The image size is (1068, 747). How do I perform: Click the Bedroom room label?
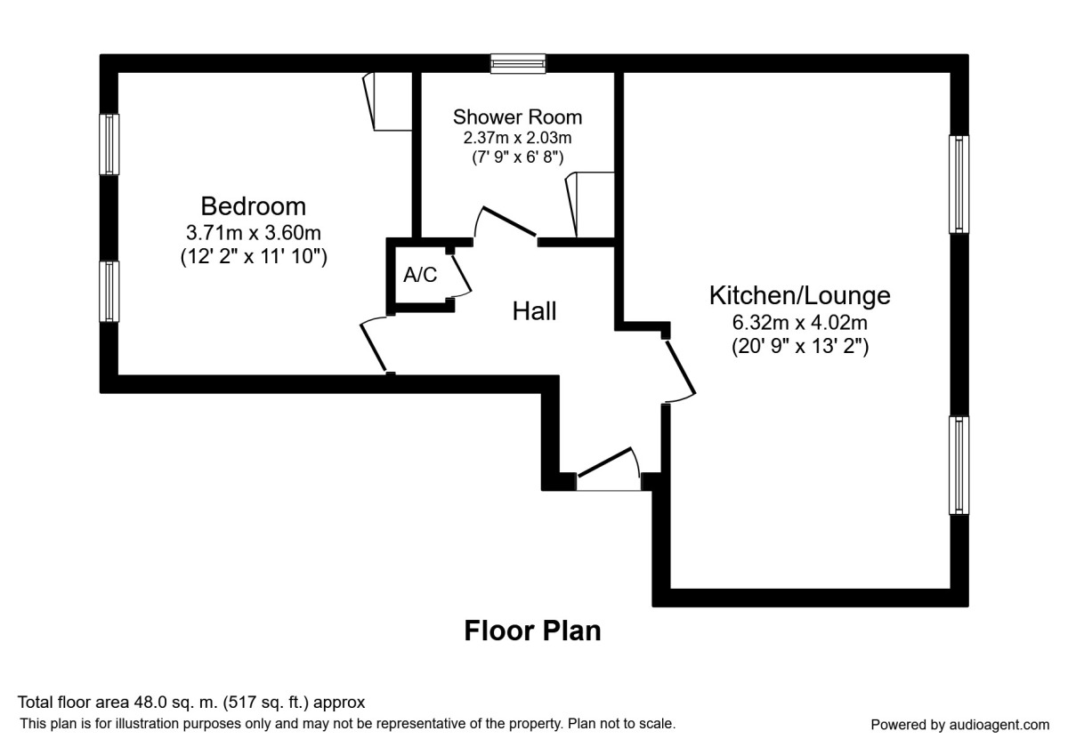coord(253,206)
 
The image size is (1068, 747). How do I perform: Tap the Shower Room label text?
coord(517,116)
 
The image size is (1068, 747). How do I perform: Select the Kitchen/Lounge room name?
coord(799,294)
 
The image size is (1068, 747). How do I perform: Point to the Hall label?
coord(534,311)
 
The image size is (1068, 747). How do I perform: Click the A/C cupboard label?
coord(420,276)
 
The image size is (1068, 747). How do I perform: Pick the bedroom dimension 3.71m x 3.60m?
coord(253,233)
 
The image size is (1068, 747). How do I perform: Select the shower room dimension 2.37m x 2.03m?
coord(517,138)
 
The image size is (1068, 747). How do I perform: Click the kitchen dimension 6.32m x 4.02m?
coord(799,322)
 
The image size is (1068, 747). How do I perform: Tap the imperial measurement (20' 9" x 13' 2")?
coord(799,346)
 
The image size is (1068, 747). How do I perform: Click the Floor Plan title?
coord(532,631)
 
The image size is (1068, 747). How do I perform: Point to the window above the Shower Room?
coord(518,63)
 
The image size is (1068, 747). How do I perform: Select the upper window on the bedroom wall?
coord(109,145)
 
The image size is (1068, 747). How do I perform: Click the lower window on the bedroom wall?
coord(109,291)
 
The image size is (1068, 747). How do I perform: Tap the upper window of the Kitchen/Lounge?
coord(959,184)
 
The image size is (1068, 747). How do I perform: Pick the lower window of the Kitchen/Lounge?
coord(959,465)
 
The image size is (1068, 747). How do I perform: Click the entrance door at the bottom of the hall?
coord(609,471)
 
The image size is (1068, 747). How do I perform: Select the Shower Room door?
coord(506,224)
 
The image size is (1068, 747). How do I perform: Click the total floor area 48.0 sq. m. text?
coord(191,703)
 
